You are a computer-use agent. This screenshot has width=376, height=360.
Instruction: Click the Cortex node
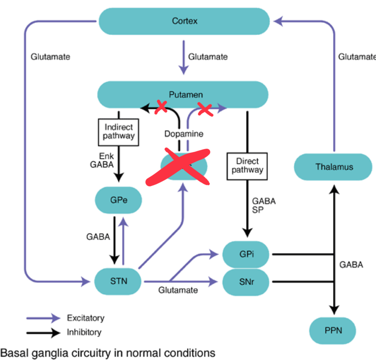click(x=184, y=20)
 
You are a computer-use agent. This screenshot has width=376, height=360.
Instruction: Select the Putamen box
click(x=182, y=94)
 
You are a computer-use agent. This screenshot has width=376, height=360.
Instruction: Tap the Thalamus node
click(x=334, y=166)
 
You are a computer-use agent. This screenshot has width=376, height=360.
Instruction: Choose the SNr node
click(x=246, y=281)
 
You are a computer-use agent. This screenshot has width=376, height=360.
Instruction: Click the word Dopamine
click(x=184, y=133)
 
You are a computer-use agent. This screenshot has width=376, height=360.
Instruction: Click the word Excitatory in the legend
click(x=85, y=318)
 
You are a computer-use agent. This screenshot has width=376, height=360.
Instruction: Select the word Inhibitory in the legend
click(x=84, y=332)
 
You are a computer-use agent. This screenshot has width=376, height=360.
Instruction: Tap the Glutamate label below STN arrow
click(x=178, y=290)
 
